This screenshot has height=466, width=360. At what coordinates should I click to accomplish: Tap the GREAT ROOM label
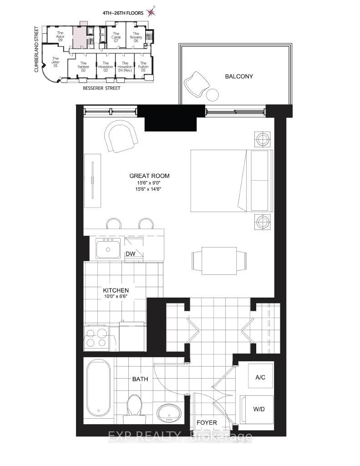[146, 176]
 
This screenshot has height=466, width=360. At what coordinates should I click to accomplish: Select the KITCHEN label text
[116, 290]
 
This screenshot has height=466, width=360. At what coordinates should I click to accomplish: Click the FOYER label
[207, 423]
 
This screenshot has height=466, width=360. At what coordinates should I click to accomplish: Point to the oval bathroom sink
[169, 413]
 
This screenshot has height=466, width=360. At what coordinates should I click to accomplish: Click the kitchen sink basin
[108, 248]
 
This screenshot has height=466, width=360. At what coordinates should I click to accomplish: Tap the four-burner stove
[96, 337]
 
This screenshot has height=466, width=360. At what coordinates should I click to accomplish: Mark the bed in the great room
[230, 181]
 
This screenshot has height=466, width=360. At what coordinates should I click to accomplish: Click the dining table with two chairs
[219, 260]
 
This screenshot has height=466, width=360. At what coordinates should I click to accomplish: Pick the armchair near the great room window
[120, 138]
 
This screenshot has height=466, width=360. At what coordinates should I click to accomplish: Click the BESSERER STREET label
[101, 88]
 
